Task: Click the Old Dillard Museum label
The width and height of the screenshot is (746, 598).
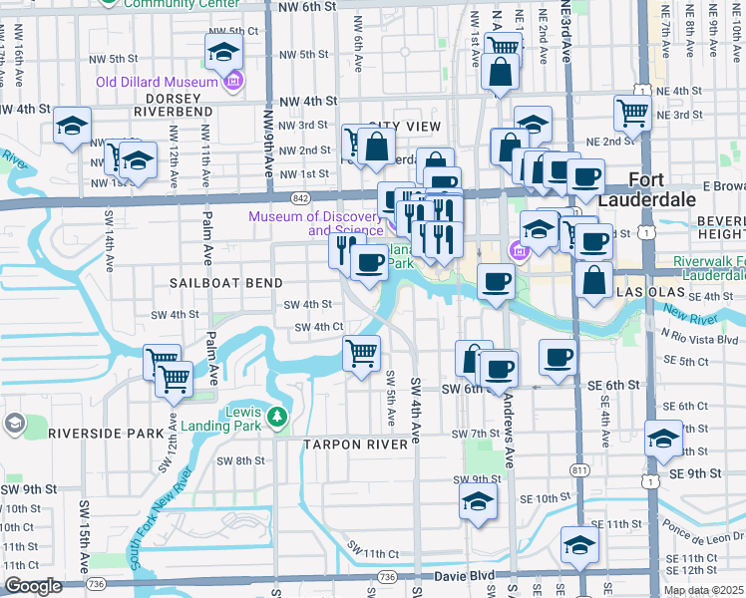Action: click(157, 82)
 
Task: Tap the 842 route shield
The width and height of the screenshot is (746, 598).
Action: click(301, 199)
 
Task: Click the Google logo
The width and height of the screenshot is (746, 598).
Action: click(33, 586)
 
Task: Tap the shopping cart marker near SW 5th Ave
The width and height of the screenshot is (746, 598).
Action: click(361, 353)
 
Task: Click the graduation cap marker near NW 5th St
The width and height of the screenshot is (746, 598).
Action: click(224, 51)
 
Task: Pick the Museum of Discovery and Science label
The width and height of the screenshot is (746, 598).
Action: click(316, 222)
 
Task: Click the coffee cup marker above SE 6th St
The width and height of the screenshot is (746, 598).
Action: click(558, 357)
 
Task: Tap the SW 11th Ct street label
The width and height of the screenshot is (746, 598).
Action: click(373, 551)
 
